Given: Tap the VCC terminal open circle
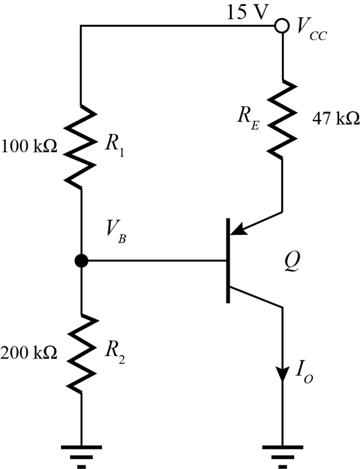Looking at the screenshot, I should pyautogui.click(x=282, y=26).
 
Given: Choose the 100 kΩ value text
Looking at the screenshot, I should pyautogui.click(x=29, y=147).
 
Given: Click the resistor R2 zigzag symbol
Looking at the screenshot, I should pyautogui.click(x=81, y=353).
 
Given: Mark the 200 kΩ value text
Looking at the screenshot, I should pyautogui.click(x=29, y=352).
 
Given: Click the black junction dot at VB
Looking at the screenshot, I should pyautogui.click(x=81, y=261).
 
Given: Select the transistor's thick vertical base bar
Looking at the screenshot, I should pyautogui.click(x=229, y=260).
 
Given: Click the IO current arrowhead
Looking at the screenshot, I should pyautogui.click(x=282, y=373).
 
